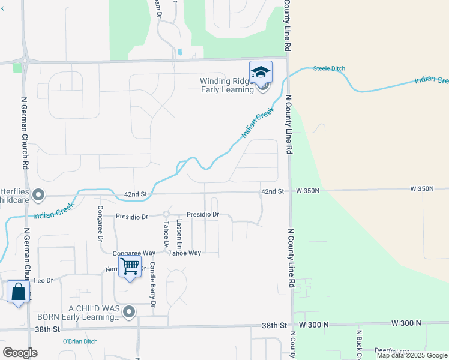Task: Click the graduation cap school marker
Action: pyautogui.click(x=261, y=73)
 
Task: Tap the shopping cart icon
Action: pyautogui.click(x=130, y=266)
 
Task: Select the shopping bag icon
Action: pyautogui.click(x=19, y=292)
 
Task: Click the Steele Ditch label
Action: pyautogui.click(x=329, y=68)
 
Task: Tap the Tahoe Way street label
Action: pyautogui.click(x=184, y=253)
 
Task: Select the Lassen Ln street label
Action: pyautogui.click(x=179, y=234)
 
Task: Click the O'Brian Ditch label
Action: pyautogui.click(x=80, y=341)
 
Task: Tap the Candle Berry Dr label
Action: pyautogui.click(x=153, y=284)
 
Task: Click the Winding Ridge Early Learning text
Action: pyautogui.click(x=228, y=85)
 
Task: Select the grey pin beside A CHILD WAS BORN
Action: pyautogui.click(x=129, y=311)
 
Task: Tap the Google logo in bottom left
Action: pyautogui.click(x=20, y=353)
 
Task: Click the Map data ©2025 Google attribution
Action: pyautogui.click(x=412, y=355)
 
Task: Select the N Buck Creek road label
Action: pyautogui.click(x=359, y=344)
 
